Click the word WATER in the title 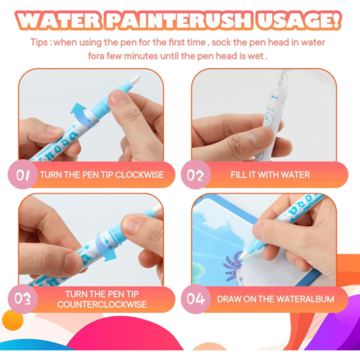(59, 21)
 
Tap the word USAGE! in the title (298, 21)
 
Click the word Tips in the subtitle (39, 43)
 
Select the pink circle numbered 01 (22, 174)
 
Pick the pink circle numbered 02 (195, 174)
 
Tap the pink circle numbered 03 (22, 299)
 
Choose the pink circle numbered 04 (195, 299)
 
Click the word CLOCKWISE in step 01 (139, 175)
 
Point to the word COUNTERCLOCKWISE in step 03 (102, 304)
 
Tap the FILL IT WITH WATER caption (270, 175)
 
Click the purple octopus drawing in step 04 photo (232, 268)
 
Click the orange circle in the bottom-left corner (13, 320)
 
